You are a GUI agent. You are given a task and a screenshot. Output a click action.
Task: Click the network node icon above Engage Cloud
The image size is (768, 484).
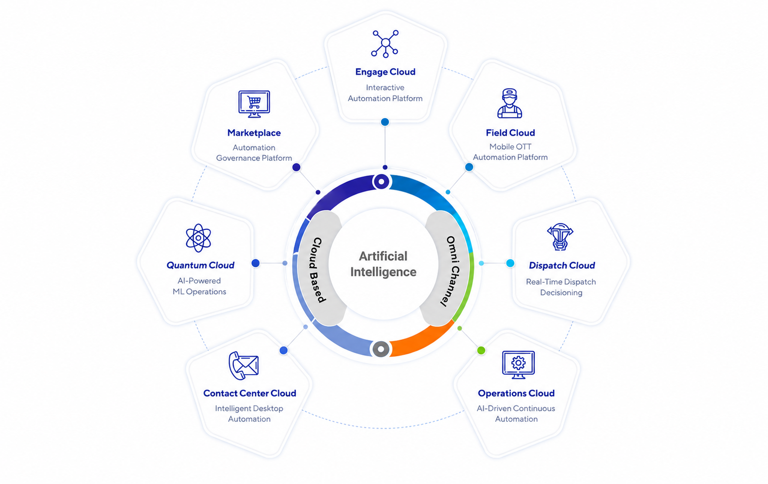click(x=384, y=44)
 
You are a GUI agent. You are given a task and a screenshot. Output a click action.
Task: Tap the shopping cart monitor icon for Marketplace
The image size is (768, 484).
click(x=254, y=104)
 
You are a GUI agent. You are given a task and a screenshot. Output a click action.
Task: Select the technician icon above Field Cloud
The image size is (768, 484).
click(x=509, y=103)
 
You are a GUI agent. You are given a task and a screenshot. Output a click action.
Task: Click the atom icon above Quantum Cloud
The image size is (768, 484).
click(x=198, y=238)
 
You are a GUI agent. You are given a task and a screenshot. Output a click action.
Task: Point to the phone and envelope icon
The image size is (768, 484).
click(x=244, y=365)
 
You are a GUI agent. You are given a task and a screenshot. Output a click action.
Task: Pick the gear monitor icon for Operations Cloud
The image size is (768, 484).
click(x=518, y=364)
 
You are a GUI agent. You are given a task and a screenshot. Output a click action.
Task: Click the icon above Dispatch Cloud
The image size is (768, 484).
click(x=560, y=237)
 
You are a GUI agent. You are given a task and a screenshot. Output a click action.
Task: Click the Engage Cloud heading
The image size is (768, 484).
click(x=385, y=72)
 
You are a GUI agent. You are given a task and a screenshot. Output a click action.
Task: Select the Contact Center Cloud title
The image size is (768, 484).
click(x=250, y=393)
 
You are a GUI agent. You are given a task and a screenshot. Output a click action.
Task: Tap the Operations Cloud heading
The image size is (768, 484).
click(x=516, y=393)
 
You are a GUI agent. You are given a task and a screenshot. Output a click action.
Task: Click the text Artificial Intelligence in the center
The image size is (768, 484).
click(x=384, y=264)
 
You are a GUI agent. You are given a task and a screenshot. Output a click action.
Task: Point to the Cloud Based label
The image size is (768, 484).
click(x=318, y=270)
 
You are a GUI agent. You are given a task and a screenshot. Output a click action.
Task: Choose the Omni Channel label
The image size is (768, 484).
click(x=452, y=271)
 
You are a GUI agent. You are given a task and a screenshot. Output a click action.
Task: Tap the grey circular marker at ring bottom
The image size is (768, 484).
click(x=381, y=349)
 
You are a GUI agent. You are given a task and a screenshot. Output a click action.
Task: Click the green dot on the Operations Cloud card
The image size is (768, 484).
click(x=481, y=350)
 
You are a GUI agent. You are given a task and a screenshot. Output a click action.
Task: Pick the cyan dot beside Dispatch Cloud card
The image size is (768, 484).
click(x=510, y=263)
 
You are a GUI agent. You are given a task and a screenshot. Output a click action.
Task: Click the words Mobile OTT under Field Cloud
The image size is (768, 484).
click(x=510, y=147)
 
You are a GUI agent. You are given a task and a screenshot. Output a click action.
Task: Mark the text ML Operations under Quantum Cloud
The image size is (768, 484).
click(x=199, y=292)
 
